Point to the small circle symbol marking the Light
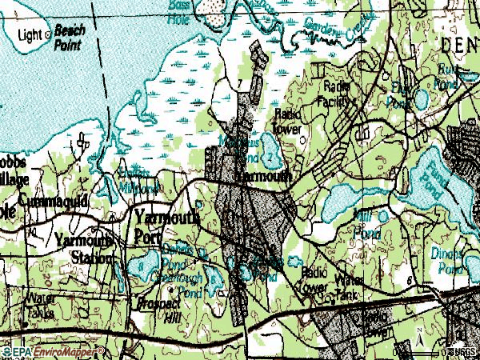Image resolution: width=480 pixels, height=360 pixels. tap(48, 34)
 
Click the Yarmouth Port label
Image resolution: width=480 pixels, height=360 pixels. tap(164, 223)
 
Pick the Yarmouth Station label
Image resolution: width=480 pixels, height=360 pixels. tap(85, 247)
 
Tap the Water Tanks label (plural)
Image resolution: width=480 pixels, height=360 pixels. tap(40, 305)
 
